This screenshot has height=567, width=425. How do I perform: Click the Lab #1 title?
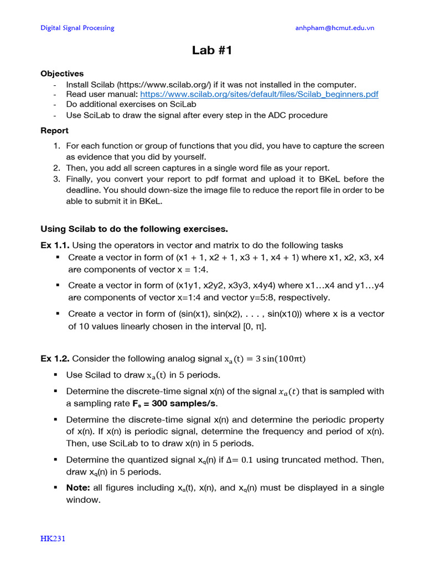pos(212,51)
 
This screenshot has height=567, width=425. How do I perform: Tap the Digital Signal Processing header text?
pos(78,28)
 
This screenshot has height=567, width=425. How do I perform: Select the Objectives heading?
pos(62,74)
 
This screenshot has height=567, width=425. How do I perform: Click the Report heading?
pos(54,131)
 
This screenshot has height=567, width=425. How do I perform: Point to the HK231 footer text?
pos(53,538)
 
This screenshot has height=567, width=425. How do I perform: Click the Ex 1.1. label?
pos(55,245)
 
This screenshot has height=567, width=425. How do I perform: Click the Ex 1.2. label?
pos(55,358)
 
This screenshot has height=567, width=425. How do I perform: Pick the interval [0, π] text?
pos(254,326)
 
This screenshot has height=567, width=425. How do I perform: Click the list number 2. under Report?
pos(57,168)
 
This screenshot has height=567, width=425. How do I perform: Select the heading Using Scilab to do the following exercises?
pos(134,229)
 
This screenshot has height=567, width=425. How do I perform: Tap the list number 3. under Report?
pos(57,179)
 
